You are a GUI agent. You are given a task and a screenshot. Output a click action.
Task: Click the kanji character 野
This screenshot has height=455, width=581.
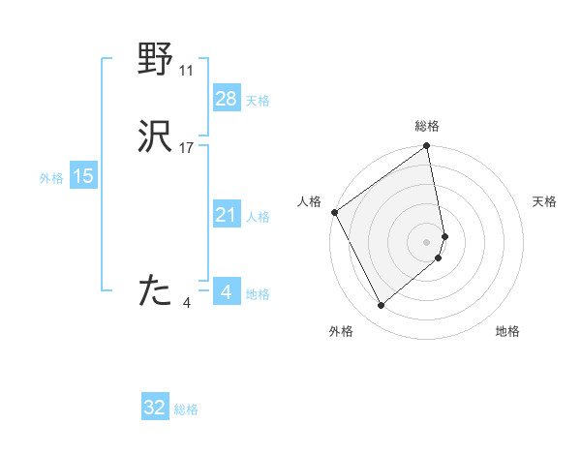156,60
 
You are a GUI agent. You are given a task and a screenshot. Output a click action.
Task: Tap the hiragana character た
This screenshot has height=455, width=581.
156,289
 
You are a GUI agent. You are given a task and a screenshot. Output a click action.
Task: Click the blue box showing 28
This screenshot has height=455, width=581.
226,99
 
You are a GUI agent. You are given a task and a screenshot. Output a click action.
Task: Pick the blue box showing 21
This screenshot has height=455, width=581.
226,215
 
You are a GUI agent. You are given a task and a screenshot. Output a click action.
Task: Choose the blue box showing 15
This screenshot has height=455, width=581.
83,176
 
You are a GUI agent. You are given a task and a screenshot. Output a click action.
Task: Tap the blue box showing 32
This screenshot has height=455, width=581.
155,408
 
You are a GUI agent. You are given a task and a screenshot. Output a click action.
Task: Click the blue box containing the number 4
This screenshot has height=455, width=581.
226,292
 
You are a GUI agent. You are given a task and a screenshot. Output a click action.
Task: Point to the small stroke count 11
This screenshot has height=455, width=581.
187,71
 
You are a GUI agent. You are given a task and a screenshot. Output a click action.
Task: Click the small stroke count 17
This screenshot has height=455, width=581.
187,148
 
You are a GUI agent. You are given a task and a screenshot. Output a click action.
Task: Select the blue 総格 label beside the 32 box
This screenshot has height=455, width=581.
186,409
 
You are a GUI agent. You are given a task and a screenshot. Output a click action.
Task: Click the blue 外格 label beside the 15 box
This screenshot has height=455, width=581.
51,178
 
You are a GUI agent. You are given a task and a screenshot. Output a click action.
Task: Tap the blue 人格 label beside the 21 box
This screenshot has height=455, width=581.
259,217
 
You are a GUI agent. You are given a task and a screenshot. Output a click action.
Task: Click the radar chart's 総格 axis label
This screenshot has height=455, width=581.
427,126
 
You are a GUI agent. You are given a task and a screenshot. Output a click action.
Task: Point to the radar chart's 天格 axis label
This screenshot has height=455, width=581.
545,201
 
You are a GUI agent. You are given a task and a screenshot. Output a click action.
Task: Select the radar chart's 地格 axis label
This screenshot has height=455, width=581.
507,331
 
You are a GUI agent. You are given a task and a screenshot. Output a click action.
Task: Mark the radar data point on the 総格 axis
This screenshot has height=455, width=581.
427,148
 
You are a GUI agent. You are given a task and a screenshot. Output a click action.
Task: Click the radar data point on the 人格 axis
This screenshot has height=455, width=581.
334,212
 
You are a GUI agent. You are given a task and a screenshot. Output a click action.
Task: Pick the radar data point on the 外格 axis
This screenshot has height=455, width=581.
381,305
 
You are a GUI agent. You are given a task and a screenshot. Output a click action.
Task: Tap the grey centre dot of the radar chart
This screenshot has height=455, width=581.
427,241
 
